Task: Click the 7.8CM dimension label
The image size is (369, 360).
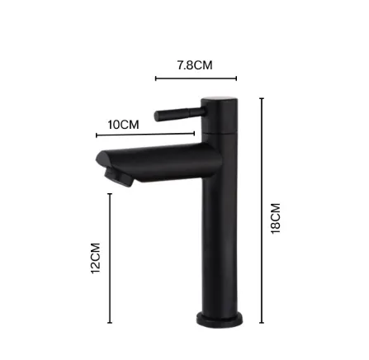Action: pyautogui.click(x=195, y=64)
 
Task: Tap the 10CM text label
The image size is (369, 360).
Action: pyautogui.click(x=124, y=125)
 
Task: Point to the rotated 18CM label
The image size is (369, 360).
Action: pyautogui.click(x=276, y=220)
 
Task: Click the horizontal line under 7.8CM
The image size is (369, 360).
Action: pyautogui.click(x=196, y=78)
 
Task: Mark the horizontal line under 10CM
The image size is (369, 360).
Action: pyautogui.click(x=145, y=135)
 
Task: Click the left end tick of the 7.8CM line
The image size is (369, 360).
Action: pyautogui.click(x=156, y=78)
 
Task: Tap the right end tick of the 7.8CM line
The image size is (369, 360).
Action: pyautogui.click(x=236, y=78)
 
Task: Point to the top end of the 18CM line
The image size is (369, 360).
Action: pyautogui.click(x=262, y=100)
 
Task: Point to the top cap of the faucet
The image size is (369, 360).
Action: pyautogui.click(x=221, y=102)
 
